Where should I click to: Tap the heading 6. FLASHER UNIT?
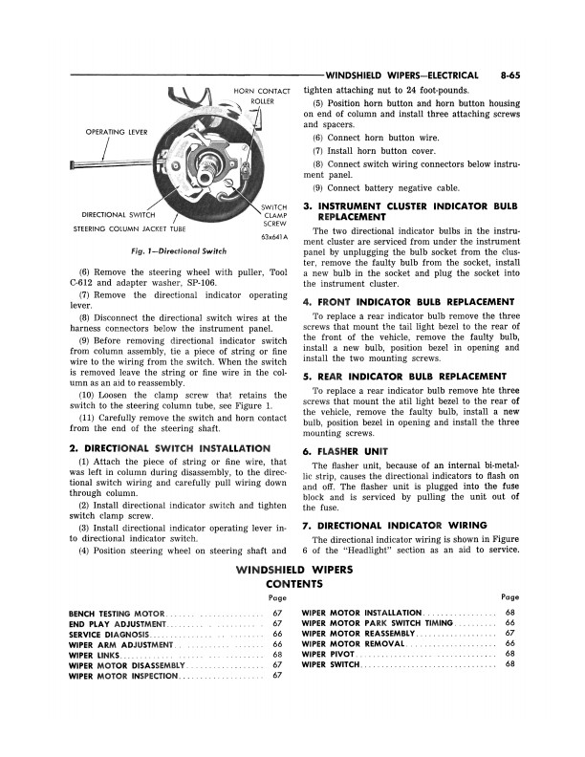pos(344,451)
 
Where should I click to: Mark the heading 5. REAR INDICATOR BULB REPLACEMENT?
pos(404,377)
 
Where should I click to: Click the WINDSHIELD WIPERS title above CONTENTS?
pos(293,570)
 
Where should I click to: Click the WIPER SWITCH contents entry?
pos(331,665)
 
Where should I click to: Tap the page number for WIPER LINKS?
pos(277,655)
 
